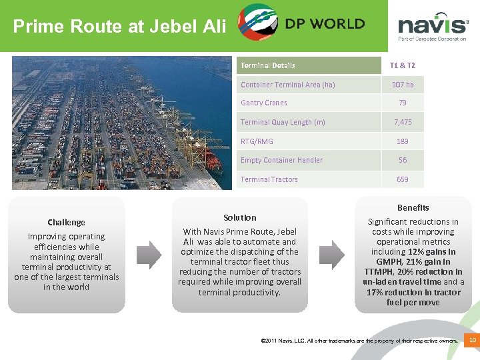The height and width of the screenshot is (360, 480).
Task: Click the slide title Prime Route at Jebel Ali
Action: pyautogui.click(x=120, y=27)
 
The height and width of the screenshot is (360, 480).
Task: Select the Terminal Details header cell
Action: pyautogui.click(x=268, y=65)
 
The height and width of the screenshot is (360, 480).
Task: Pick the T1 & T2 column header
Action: pyautogui.click(x=402, y=65)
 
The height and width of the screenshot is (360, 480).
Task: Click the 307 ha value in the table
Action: pyautogui.click(x=402, y=85)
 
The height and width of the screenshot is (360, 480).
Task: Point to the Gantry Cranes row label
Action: pyautogui.click(x=264, y=103)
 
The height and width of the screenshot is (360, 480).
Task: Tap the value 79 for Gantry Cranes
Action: pyautogui.click(x=402, y=103)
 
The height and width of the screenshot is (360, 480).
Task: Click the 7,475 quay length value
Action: pyautogui.click(x=402, y=122)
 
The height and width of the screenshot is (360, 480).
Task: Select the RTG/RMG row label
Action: pyautogui.click(x=257, y=141)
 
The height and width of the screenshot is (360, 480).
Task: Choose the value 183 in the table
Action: pyautogui.click(x=402, y=141)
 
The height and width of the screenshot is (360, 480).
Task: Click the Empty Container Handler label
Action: pyautogui.click(x=281, y=160)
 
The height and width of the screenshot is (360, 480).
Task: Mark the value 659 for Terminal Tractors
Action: pyautogui.click(x=402, y=179)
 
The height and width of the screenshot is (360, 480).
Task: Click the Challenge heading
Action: pyautogui.click(x=66, y=222)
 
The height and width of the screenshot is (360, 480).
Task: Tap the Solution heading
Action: pyautogui.click(x=240, y=217)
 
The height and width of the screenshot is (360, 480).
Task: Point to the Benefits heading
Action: pyautogui.click(x=413, y=207)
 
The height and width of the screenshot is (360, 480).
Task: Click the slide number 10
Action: pyautogui.click(x=473, y=341)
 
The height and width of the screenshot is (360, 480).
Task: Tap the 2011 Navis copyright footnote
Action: pyautogui.click(x=361, y=341)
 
